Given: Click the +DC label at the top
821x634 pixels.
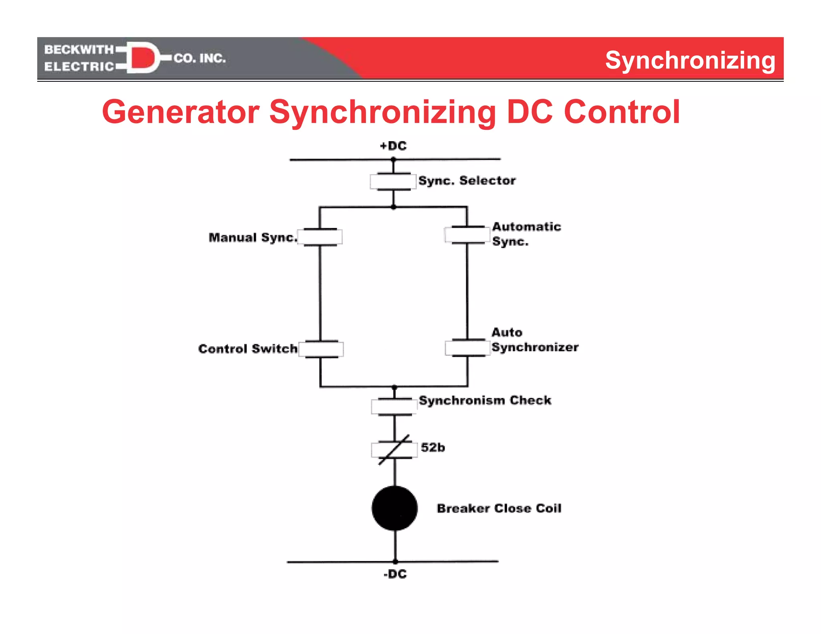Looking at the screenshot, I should pyautogui.click(x=393, y=146).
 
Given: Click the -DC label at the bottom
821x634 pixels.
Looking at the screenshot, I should pyautogui.click(x=395, y=574).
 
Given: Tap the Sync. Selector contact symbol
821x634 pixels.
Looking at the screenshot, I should pyautogui.click(x=393, y=182).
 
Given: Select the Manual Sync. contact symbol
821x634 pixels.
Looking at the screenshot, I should pyautogui.click(x=320, y=237).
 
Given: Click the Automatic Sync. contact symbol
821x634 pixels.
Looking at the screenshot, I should pyautogui.click(x=467, y=235).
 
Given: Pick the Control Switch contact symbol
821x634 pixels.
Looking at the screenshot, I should pyautogui.click(x=321, y=349).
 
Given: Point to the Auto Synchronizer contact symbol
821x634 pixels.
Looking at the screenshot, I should pyautogui.click(x=467, y=347).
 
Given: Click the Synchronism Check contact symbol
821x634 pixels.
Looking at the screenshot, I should pyautogui.click(x=394, y=406).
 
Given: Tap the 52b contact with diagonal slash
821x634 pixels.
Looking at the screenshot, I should pyautogui.click(x=394, y=450).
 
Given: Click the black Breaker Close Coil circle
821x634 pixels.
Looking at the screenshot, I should pyautogui.click(x=394, y=508).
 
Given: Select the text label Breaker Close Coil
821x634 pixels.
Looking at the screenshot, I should pyautogui.click(x=499, y=508).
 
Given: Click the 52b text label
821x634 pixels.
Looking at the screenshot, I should pyautogui.click(x=433, y=447).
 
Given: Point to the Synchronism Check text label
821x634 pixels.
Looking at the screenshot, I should pyautogui.click(x=485, y=400).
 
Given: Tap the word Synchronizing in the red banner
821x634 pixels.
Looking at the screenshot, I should pyautogui.click(x=690, y=61).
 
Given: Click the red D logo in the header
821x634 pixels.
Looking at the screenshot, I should pyautogui.click(x=142, y=58).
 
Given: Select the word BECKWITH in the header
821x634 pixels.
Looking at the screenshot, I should pyautogui.click(x=79, y=49).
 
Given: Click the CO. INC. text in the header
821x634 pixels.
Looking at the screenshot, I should pyautogui.click(x=200, y=59).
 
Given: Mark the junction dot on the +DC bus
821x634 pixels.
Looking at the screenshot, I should pyautogui.click(x=393, y=160).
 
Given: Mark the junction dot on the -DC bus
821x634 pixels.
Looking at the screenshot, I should pyautogui.click(x=395, y=561).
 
